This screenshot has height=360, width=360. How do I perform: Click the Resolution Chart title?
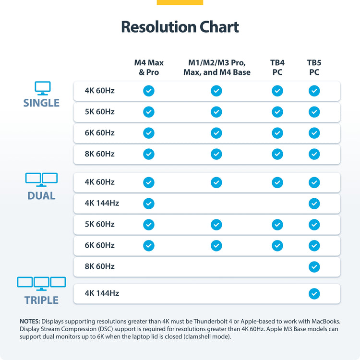tap(180, 27)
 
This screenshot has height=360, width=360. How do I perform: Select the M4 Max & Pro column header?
tap(149, 68)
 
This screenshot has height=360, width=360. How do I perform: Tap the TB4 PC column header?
tap(277, 68)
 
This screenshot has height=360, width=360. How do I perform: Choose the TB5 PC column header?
tap(314, 68)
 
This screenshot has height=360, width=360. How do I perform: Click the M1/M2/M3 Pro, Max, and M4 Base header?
tap(216, 68)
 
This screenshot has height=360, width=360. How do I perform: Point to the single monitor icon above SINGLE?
tap(42, 88)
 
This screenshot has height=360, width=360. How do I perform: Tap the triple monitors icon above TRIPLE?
tap(41, 283)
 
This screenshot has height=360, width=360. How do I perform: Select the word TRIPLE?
tap(41, 300)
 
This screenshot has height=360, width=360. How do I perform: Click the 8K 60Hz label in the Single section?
tap(100, 154)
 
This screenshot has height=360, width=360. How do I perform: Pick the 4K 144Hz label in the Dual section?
tap(102, 203)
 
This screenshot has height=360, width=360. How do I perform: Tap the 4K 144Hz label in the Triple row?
tap(102, 293)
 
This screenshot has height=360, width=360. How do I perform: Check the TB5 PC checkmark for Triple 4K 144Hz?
tap(314, 293)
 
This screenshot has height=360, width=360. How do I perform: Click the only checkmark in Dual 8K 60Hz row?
tap(314, 266)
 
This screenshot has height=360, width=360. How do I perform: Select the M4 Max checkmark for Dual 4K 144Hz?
tap(149, 204)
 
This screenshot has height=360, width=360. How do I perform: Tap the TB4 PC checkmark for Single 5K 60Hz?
tap(277, 112)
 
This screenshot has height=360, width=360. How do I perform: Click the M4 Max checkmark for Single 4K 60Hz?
tap(149, 91)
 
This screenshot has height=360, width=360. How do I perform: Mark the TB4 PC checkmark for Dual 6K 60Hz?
tap(277, 245)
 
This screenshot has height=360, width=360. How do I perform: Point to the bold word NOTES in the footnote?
tap(30, 321)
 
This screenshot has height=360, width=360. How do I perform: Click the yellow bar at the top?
tap(180, 2)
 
